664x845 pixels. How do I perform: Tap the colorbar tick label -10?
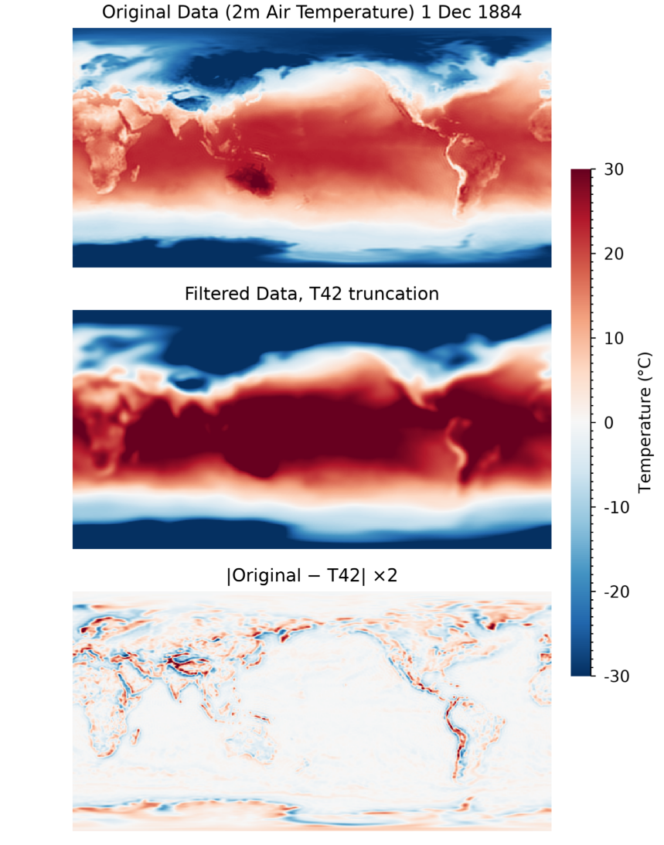point(609,507)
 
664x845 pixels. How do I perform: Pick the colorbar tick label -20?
point(609,591)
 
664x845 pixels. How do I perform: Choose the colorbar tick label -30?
point(609,676)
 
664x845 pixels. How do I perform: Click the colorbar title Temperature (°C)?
point(646,422)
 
